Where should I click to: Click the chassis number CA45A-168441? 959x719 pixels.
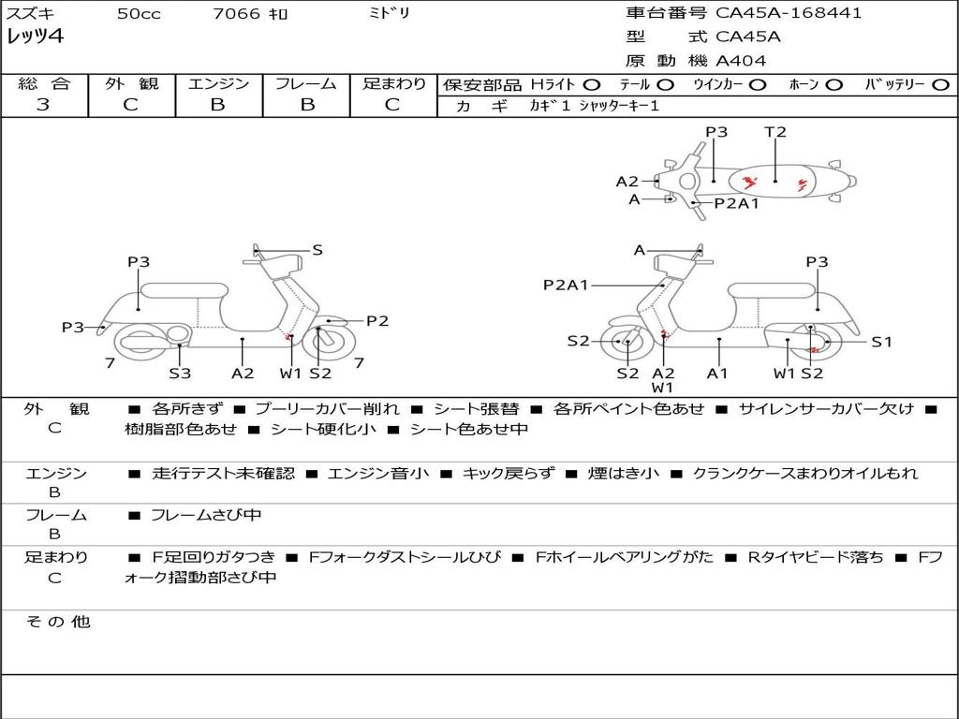point(789,13)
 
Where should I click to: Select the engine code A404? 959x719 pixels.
point(741,61)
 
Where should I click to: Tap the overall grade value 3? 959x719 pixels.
point(43,105)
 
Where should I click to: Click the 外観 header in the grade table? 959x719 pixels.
point(131,83)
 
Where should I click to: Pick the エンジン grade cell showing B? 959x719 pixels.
point(218,105)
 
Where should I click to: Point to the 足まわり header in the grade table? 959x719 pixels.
point(394,83)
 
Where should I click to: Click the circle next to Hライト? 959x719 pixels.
point(592,84)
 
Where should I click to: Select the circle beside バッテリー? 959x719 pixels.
point(940,84)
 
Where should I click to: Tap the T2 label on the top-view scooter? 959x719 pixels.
point(775,132)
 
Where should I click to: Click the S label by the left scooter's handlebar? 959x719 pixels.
point(317,250)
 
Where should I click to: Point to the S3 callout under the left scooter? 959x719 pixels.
point(180,374)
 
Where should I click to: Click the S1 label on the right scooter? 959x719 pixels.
point(882,342)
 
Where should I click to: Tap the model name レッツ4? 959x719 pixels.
point(36,37)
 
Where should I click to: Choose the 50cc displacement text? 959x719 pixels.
point(138,14)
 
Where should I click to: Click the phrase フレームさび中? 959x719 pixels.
point(206,515)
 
